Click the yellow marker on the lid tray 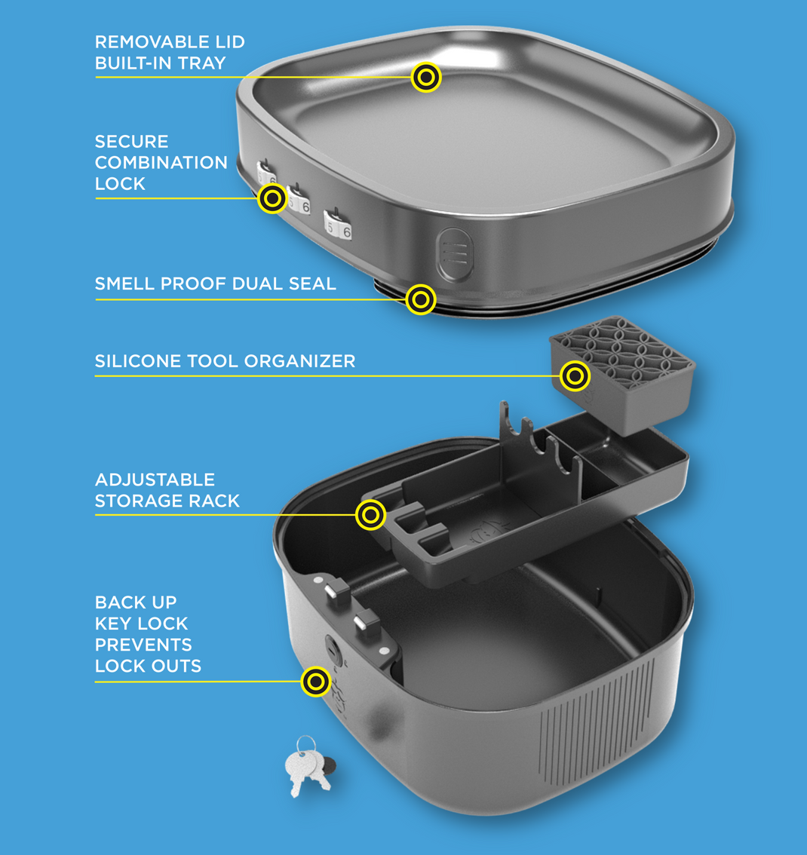point(426,77)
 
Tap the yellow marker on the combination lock point(272,199)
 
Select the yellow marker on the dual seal point(421,299)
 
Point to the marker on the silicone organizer point(575,375)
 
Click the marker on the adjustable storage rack point(370,515)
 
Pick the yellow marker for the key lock point(316,682)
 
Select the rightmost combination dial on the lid point(338,225)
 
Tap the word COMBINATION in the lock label point(161,163)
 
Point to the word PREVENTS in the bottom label point(143,645)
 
